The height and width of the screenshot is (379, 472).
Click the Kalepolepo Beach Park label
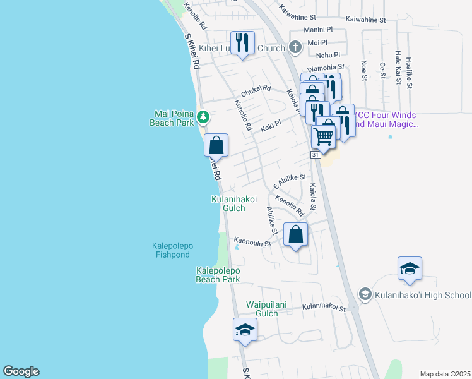point(218,275)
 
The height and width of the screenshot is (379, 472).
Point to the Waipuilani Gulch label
point(266,309)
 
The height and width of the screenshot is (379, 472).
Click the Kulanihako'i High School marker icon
point(365,294)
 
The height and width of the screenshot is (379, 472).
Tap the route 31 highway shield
point(315,155)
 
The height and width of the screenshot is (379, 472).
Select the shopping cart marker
point(324,135)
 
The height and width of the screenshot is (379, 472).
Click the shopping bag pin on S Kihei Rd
point(216,145)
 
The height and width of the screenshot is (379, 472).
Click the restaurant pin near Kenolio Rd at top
point(242,42)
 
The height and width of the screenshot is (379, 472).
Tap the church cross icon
point(295,47)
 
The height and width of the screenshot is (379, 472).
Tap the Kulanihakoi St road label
point(324,308)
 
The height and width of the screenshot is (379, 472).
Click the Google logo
point(21,371)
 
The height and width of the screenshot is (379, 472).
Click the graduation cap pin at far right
point(410,268)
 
